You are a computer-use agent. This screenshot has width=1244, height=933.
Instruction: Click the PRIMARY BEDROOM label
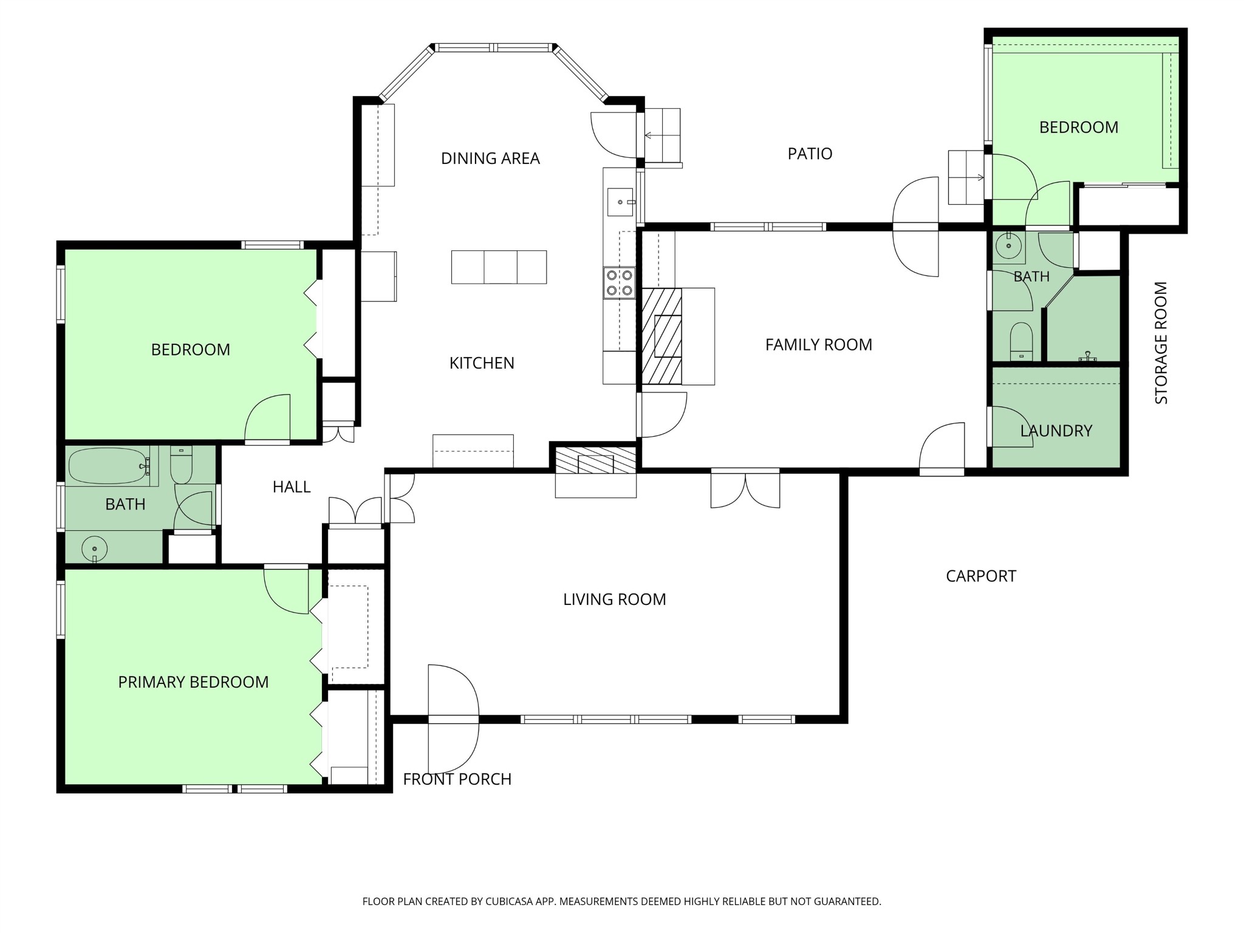[x=193, y=682]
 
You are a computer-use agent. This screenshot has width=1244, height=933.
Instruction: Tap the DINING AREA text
[x=490, y=159]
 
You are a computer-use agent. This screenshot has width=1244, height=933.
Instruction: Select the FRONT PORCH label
[x=457, y=779]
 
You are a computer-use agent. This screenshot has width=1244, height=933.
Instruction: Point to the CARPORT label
[x=981, y=576]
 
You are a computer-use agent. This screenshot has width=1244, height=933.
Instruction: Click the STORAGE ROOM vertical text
[x=1161, y=343]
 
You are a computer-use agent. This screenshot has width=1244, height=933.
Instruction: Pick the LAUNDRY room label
[x=1056, y=431]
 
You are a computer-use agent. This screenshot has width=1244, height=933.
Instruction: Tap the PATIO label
[x=810, y=154]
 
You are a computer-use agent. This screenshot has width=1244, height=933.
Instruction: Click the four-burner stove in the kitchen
[x=619, y=283]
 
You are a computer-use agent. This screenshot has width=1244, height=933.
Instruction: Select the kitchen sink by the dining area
[x=621, y=201]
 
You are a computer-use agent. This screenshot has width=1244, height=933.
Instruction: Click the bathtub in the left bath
[x=109, y=466]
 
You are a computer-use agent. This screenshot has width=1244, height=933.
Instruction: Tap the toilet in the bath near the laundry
[x=1021, y=341]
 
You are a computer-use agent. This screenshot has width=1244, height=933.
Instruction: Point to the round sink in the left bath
[x=94, y=550]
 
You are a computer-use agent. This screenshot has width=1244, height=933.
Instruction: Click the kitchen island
[x=499, y=267]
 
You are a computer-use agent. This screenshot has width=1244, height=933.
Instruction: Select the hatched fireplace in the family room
[x=661, y=336]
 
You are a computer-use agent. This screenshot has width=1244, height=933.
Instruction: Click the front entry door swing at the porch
[x=453, y=719]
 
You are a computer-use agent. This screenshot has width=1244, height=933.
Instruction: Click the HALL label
[x=292, y=487]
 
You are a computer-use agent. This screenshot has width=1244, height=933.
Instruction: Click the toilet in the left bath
[x=181, y=465]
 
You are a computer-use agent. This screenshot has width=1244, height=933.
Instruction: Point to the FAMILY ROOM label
[x=818, y=345]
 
